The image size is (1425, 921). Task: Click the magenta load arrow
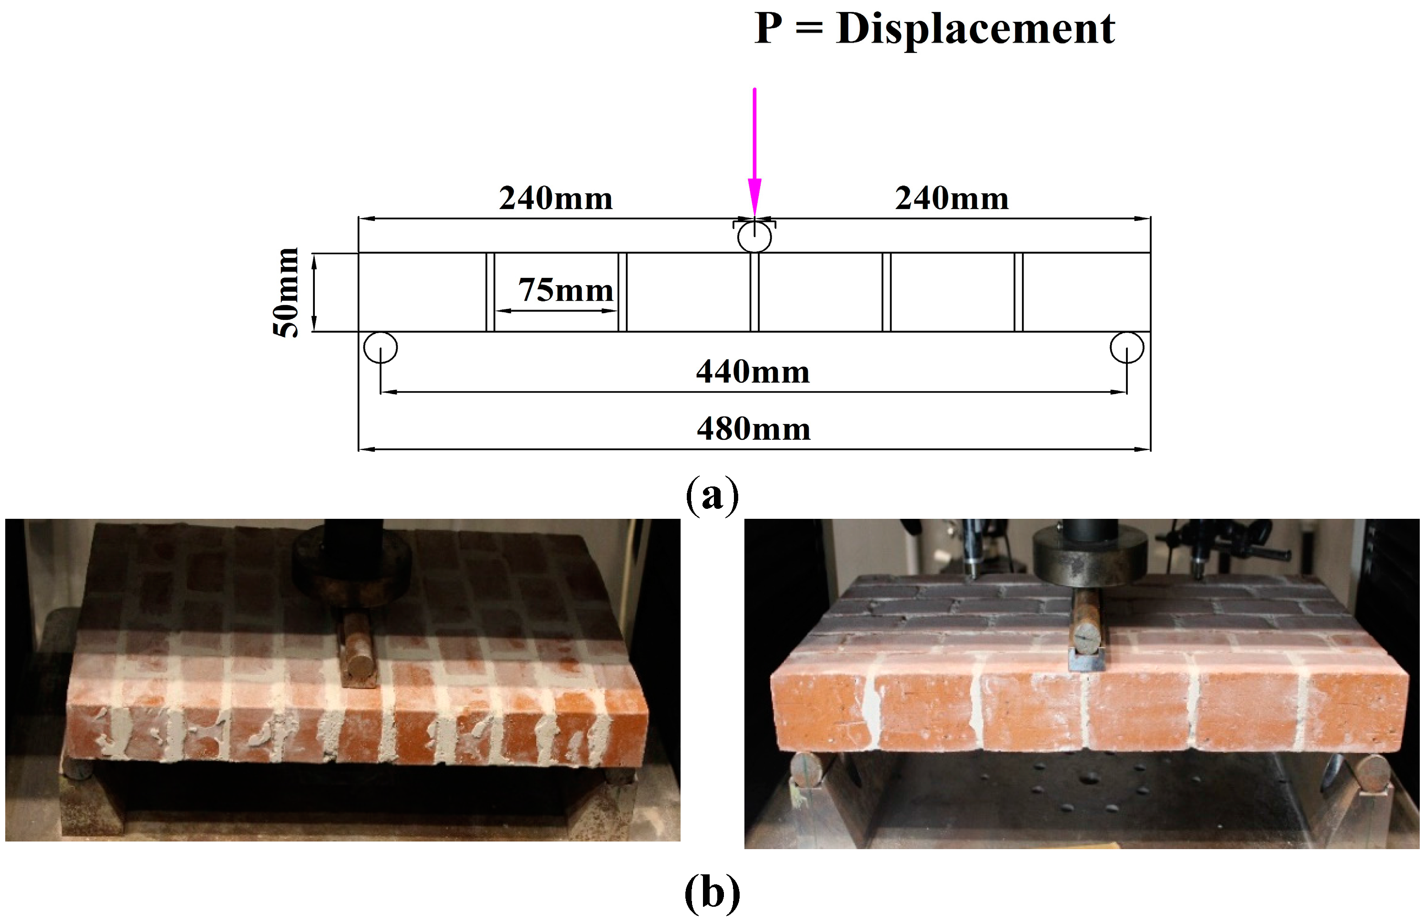754,149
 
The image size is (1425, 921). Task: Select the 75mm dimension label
565,291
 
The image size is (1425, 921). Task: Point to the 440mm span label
753,372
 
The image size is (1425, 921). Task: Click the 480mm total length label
754,429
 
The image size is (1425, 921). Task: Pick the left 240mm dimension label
556,198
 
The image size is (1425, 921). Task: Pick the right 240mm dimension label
952,198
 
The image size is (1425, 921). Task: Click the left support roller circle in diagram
381,347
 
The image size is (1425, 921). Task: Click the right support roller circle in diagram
1127,347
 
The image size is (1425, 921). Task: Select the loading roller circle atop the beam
754,237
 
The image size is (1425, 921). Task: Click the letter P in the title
768,29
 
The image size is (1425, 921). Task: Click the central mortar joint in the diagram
754,292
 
